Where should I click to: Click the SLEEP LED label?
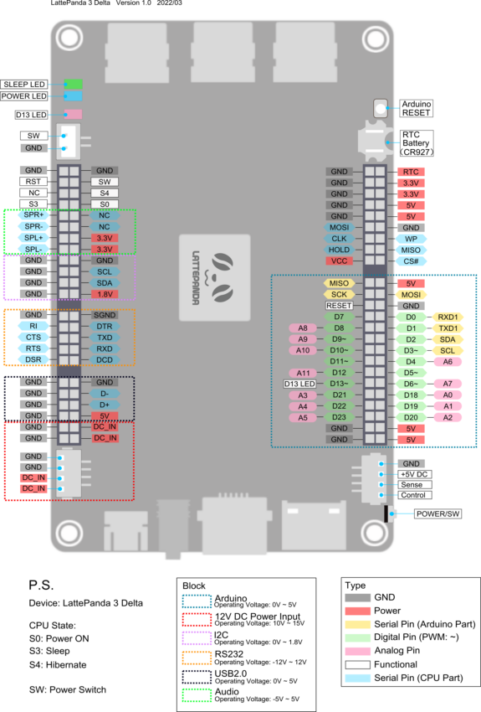[x=24, y=84]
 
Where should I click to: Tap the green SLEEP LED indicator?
[x=73, y=84]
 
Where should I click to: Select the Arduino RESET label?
[x=417, y=108]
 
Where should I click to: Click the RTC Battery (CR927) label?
[x=417, y=143]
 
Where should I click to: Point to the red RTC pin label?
[x=411, y=172]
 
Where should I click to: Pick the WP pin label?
[x=411, y=239]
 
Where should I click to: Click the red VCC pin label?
[x=339, y=261]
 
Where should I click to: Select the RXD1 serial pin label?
[x=448, y=317]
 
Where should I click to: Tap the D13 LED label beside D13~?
[x=299, y=384]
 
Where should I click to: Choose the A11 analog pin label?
[x=303, y=373]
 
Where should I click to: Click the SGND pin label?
[x=105, y=315]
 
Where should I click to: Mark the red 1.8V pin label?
[x=105, y=294]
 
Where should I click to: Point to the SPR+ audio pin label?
[x=33, y=214]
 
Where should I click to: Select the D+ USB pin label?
[x=105, y=405]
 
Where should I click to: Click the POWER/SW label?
[x=438, y=514]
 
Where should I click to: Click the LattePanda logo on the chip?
[x=214, y=278]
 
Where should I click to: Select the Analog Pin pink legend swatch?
[x=358, y=651]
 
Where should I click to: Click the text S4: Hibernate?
[x=58, y=665]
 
